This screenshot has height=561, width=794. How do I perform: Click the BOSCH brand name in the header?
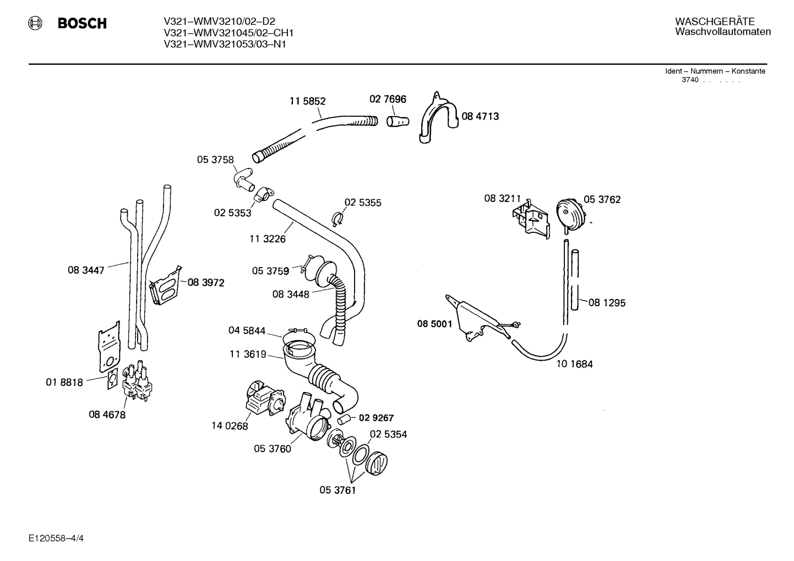click(x=82, y=23)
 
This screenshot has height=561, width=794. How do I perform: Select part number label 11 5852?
click(x=307, y=101)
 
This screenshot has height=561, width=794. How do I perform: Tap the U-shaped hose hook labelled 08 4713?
click(x=439, y=117)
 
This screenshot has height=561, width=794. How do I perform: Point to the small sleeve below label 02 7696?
click(x=398, y=122)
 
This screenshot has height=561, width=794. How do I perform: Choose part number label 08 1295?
click(x=607, y=303)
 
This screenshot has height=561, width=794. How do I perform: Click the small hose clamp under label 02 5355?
click(x=337, y=219)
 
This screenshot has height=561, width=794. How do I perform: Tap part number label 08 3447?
click(x=86, y=270)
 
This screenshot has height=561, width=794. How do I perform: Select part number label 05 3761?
click(x=338, y=490)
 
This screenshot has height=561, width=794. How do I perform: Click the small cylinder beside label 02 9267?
click(x=344, y=420)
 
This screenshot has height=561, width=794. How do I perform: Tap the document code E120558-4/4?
click(x=56, y=538)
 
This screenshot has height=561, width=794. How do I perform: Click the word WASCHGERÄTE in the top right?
click(x=714, y=21)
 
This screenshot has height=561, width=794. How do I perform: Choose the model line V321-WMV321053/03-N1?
click(x=225, y=44)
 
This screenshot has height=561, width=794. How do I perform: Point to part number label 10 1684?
click(x=575, y=364)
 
